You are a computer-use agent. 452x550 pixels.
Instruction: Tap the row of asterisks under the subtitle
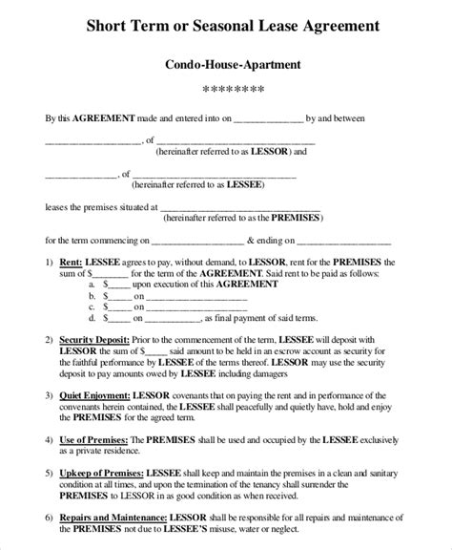(226, 91)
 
